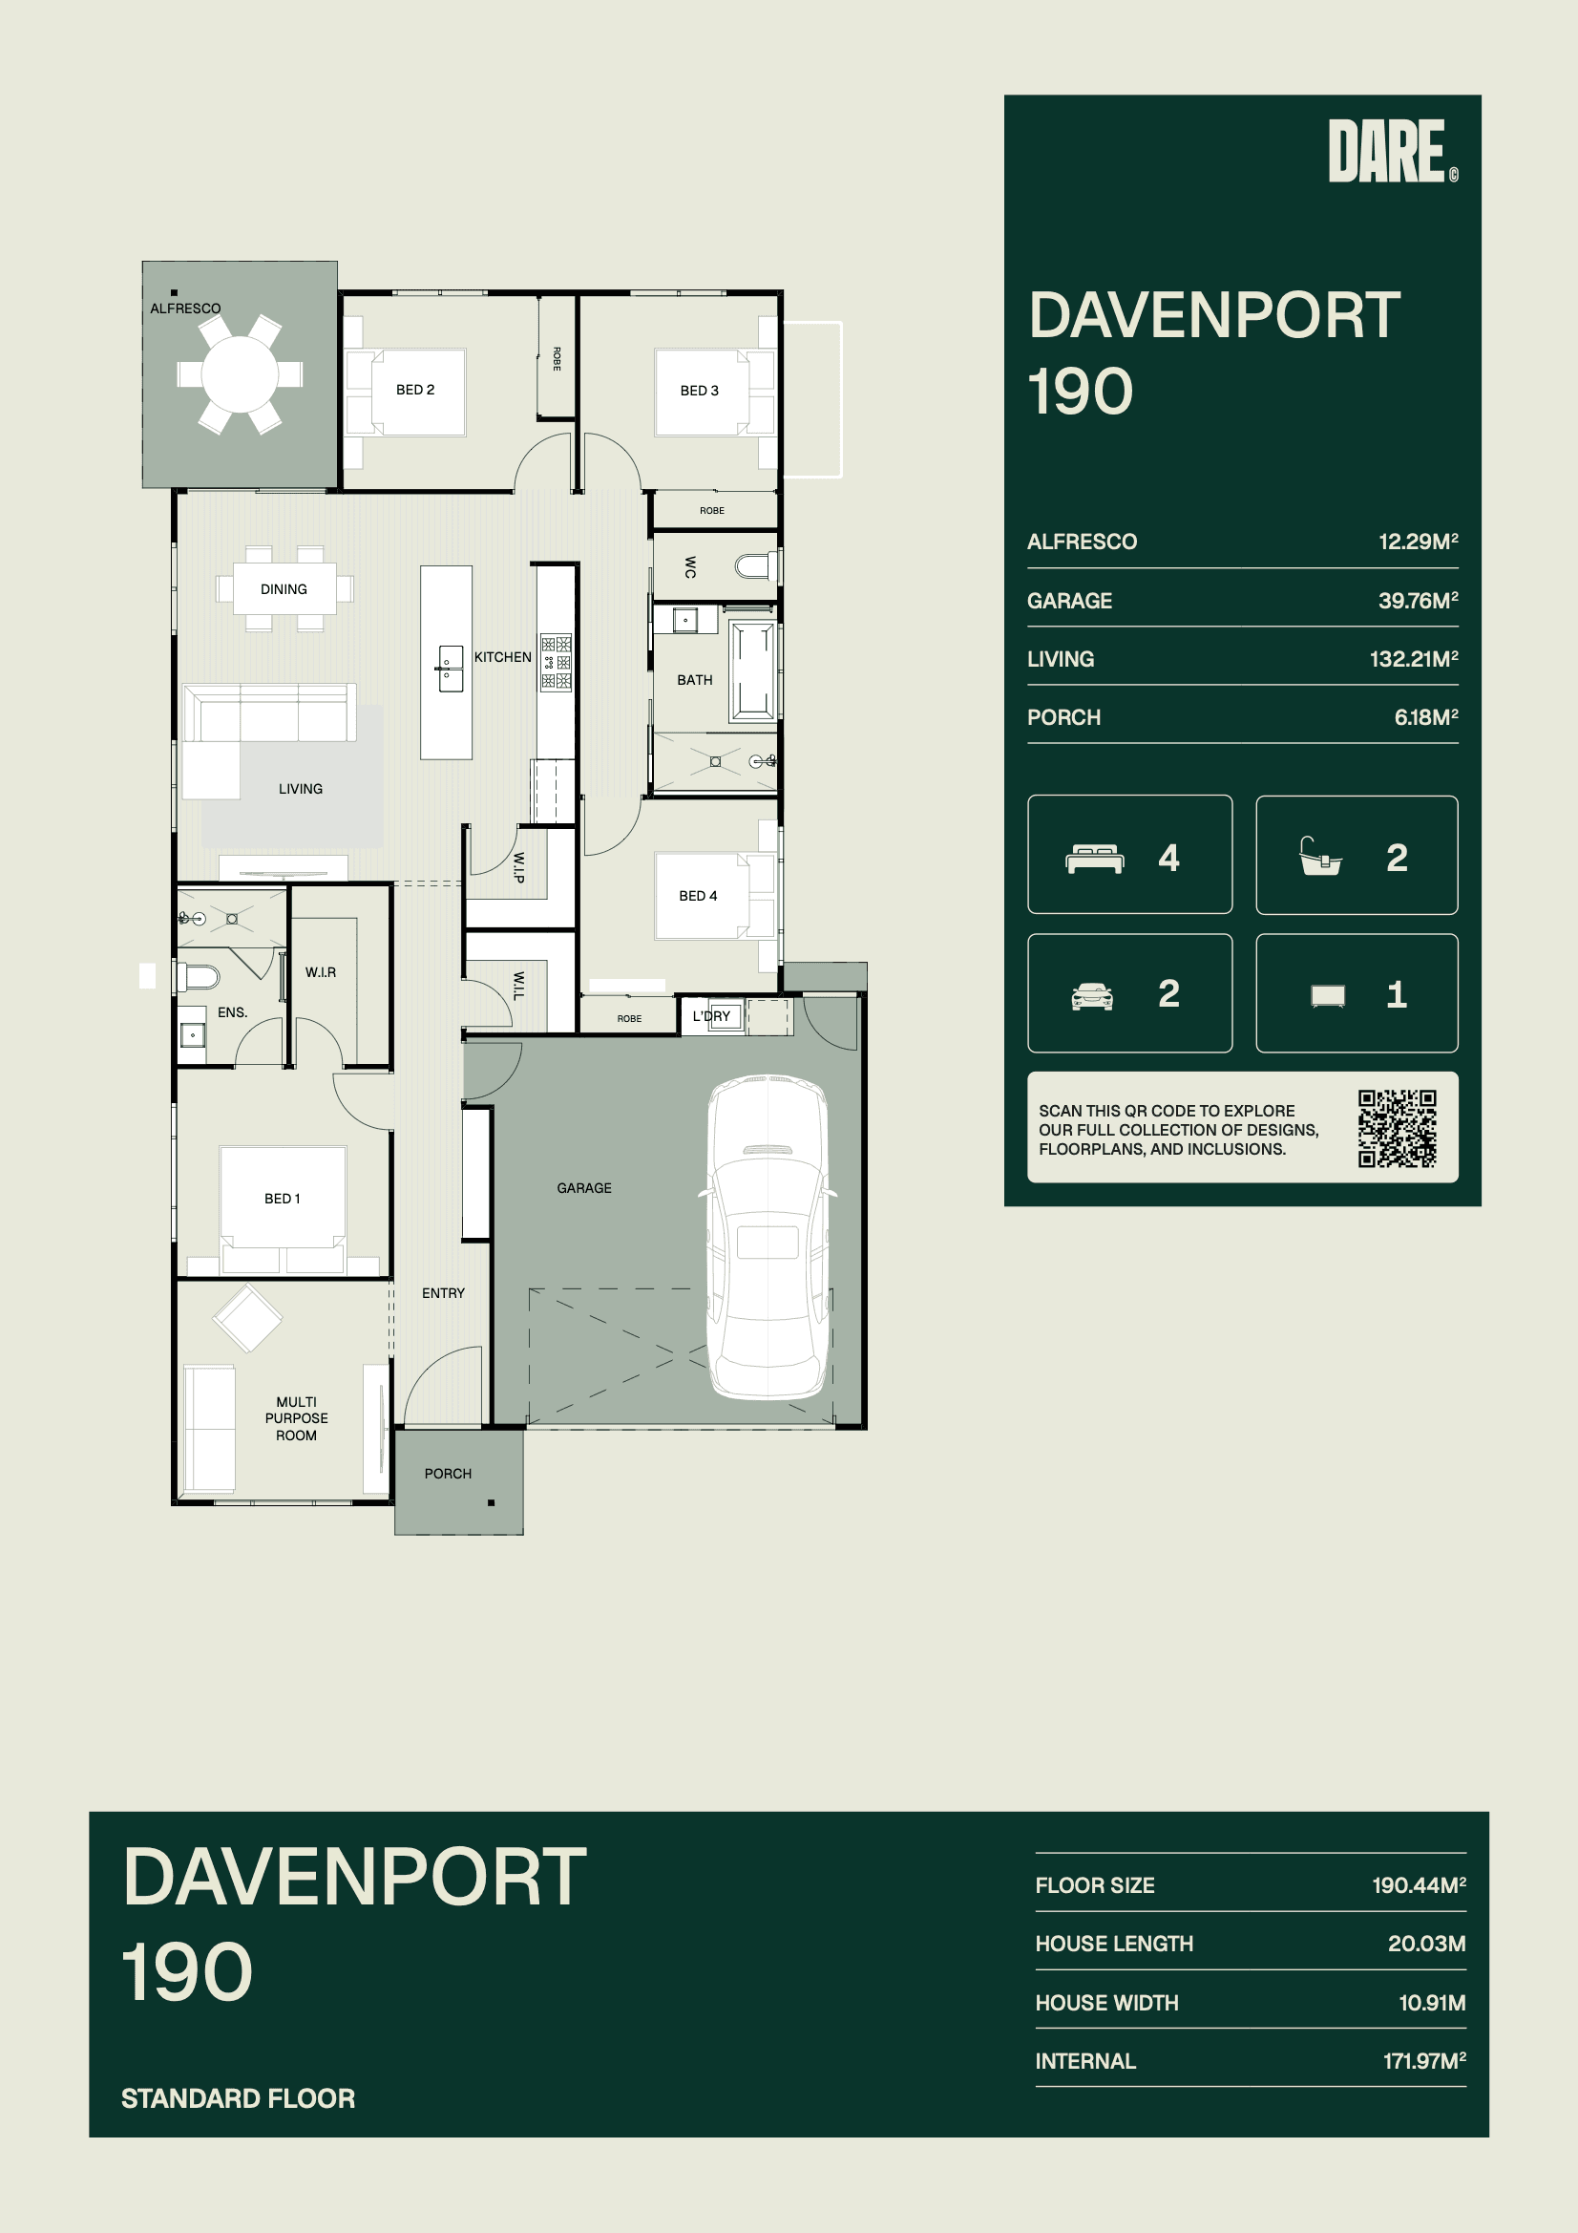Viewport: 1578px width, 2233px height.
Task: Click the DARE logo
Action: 1392,151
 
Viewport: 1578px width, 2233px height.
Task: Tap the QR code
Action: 1398,1128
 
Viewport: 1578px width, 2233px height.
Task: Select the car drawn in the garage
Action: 768,1237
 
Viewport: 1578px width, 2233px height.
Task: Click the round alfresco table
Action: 240,373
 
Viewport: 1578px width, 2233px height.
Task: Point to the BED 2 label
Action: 415,390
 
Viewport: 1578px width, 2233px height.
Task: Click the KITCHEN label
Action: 503,657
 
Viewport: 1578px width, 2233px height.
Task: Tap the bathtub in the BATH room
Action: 753,671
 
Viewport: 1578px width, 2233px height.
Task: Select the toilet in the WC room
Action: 755,566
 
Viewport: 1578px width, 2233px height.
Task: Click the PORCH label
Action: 449,1474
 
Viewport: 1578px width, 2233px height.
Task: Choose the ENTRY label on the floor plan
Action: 443,1292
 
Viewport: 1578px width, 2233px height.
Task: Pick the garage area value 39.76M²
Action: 1418,600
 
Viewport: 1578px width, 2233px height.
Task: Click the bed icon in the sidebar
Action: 1095,859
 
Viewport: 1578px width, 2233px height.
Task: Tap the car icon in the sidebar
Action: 1092,996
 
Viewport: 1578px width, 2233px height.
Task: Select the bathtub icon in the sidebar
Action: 1320,856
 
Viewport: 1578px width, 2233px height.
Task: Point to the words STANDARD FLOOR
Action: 239,2098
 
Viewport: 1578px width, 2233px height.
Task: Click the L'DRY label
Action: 712,1016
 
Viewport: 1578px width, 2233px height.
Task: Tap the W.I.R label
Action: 321,972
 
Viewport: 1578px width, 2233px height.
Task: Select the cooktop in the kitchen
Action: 557,663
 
